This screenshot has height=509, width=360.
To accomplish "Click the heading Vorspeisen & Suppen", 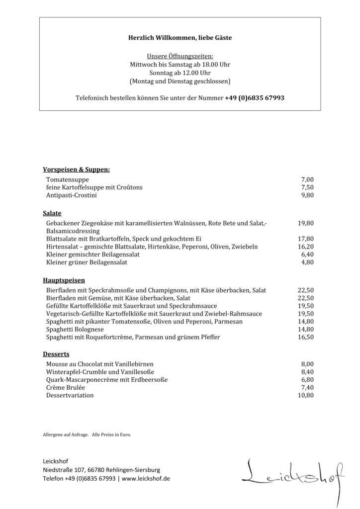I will pyautogui.click(x=76, y=170).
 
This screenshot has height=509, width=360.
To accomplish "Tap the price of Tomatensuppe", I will pyautogui.click(x=307, y=179).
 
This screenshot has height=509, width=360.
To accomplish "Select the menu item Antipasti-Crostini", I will pyautogui.click(x=72, y=195).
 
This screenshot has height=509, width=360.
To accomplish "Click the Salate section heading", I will pyautogui.click(x=52, y=213).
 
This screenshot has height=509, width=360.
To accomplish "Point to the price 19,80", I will pyautogui.click(x=306, y=223).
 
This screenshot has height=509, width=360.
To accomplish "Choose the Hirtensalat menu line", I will pyautogui.click(x=152, y=247).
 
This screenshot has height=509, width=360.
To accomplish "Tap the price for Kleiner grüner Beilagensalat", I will pyautogui.click(x=307, y=262).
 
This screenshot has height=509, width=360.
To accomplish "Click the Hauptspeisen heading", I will pyautogui.click(x=64, y=280).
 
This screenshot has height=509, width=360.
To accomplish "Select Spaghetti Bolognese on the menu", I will pyautogui.click(x=75, y=329).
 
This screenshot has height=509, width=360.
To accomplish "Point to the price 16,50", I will pyautogui.click(x=306, y=337).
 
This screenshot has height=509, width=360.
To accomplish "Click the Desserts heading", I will pyautogui.click(x=56, y=354).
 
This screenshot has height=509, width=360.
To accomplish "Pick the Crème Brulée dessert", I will pyautogui.click(x=66, y=387).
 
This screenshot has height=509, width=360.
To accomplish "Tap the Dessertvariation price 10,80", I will pyautogui.click(x=306, y=395).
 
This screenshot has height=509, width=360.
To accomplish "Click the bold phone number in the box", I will pyautogui.click(x=255, y=98).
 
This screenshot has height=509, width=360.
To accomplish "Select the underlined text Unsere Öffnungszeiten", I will pyautogui.click(x=180, y=57).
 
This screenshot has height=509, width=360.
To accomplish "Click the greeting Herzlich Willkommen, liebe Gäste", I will pyautogui.click(x=180, y=37).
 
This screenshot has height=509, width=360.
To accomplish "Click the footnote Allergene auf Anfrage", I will pyautogui.click(x=66, y=435).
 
